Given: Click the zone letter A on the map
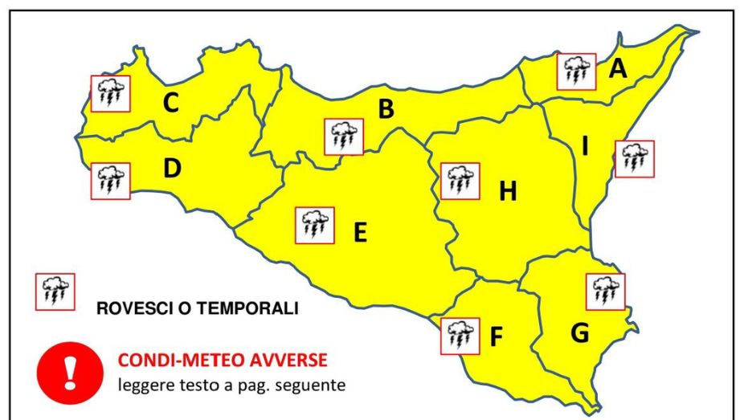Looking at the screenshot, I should coord(617,69).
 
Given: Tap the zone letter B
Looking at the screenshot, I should coord(386,108).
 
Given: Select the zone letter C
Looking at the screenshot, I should coord(170,103).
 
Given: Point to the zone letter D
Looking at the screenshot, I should coord(171,169).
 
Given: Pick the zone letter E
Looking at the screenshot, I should coord(360,232).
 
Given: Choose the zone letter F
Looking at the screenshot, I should coord(497,337).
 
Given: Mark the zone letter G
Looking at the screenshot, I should coord(580,332).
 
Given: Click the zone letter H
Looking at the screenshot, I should coord(507,192).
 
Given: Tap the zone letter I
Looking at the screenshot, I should coord(585,146).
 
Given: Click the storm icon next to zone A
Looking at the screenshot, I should coord(576,72).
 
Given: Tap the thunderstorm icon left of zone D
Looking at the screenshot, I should coord(110,179).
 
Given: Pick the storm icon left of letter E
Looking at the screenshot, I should coord(315,225).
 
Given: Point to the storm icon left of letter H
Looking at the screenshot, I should coord(460,181).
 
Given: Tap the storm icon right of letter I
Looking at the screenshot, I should coord(635,159).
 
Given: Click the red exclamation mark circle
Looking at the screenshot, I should coord(69,372).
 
